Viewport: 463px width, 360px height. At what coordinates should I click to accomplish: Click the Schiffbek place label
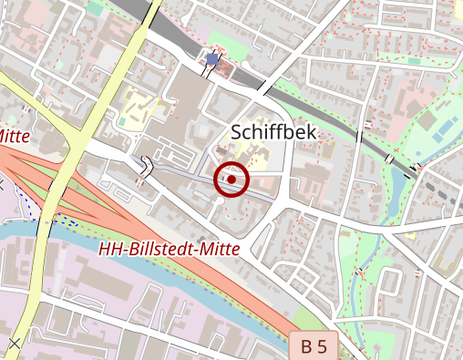pyautogui.click(x=273, y=133)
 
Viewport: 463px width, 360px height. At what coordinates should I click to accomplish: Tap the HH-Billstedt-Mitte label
pyautogui.click(x=169, y=249)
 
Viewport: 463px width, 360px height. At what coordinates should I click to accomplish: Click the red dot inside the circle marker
pyautogui.click(x=231, y=180)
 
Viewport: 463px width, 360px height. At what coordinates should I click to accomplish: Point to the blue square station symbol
pyautogui.click(x=212, y=60)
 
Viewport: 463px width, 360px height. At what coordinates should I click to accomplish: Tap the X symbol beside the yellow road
pyautogui.click(x=14, y=343)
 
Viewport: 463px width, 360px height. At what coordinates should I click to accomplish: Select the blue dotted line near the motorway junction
pyautogui.click(x=46, y=219)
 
